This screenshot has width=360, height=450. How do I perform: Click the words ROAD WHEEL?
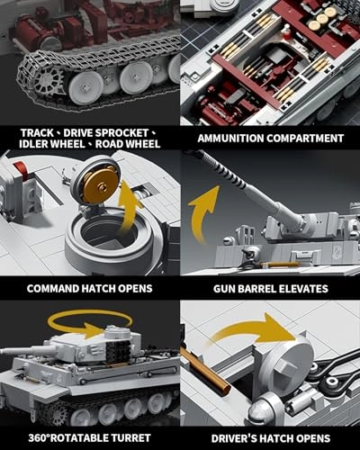[x=129, y=144]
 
